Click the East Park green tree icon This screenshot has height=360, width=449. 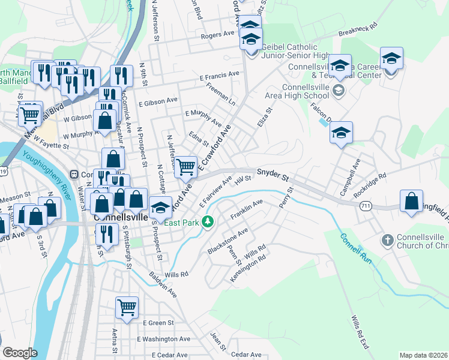point(208,223)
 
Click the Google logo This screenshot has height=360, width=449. point(20,353)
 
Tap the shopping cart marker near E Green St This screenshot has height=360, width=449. point(127,307)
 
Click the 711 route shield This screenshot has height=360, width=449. point(365,206)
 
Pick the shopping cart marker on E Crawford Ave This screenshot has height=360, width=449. point(187,167)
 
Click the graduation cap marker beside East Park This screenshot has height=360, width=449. point(160,208)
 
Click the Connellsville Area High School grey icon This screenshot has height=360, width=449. point(338,90)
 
